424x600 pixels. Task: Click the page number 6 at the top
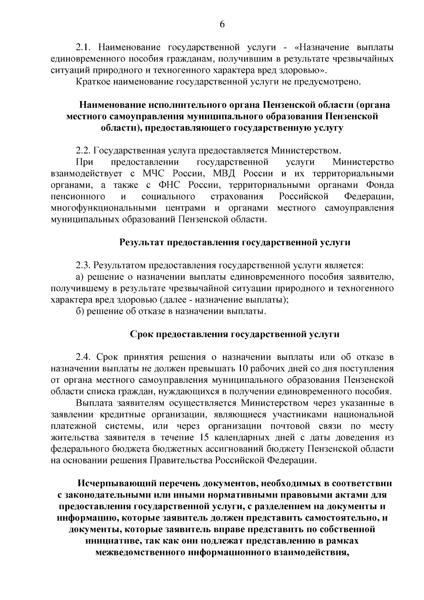(222, 24)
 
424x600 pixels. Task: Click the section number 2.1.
(84, 47)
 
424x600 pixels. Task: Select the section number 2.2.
(84, 151)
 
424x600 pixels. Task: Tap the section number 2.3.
(84, 265)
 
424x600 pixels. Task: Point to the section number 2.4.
(84, 357)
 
